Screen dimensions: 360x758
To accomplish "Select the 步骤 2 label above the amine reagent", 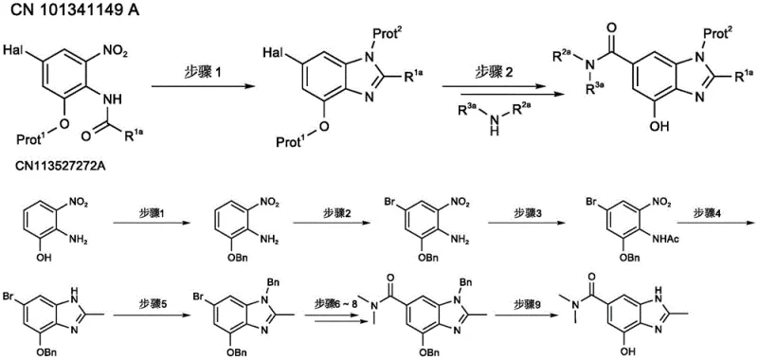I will [499, 71].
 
